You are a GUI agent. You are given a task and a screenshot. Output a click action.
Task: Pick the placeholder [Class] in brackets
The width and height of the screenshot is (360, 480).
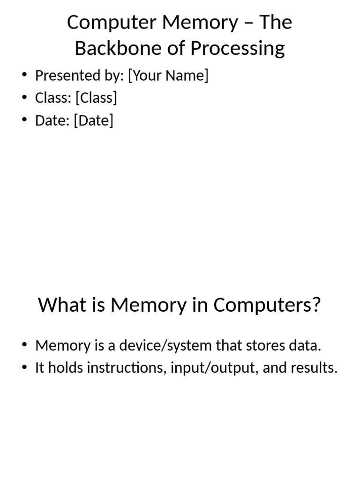tap(96, 97)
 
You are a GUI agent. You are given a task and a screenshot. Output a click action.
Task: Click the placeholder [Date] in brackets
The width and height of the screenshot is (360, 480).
tap(94, 120)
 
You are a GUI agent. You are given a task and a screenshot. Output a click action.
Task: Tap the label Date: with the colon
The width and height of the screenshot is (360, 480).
tap(52, 120)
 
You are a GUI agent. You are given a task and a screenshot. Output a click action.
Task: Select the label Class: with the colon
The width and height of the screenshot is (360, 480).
tap(53, 97)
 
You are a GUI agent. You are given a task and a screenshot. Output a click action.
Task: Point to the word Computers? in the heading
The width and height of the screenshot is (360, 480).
tap(267, 305)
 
